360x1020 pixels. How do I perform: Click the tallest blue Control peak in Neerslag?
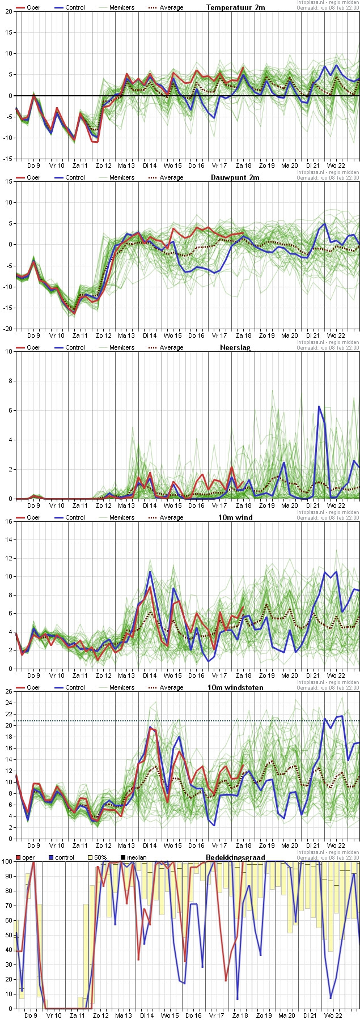tap(319, 406)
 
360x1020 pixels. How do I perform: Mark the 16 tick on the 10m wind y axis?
tap(9, 521)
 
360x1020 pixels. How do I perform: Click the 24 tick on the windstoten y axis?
tap(9, 703)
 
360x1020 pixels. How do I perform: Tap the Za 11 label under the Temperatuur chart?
tap(80, 165)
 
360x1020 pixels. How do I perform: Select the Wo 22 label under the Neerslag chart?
tap(336, 505)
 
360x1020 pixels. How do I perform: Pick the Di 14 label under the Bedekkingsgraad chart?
tap(147, 1015)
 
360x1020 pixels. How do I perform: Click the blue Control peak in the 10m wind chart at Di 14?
tap(150, 572)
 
